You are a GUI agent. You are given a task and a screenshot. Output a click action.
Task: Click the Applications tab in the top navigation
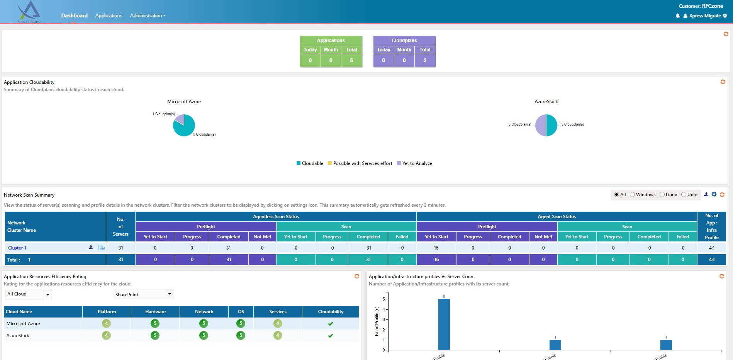pyautogui.click(x=109, y=16)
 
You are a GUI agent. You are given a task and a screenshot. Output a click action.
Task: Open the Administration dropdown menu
pyautogui.click(x=147, y=16)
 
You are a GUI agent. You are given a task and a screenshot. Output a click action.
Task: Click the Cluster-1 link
pyautogui.click(x=17, y=248)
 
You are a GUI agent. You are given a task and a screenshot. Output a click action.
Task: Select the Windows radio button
pyautogui.click(x=633, y=195)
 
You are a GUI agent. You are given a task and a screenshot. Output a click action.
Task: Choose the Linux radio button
pyautogui.click(x=662, y=195)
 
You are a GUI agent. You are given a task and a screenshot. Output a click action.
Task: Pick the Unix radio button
pyautogui.click(x=684, y=195)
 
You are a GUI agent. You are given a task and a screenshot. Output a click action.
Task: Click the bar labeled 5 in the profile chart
pyautogui.click(x=444, y=324)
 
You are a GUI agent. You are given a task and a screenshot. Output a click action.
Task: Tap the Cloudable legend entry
pyautogui.click(x=310, y=163)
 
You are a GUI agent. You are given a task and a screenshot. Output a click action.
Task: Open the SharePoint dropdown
pyautogui.click(x=144, y=294)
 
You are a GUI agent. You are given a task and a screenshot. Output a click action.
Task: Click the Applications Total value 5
pyautogui.click(x=351, y=60)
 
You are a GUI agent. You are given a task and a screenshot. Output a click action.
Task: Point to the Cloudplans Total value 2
pyautogui.click(x=425, y=60)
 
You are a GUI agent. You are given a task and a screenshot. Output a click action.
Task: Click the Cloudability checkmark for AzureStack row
pyautogui.click(x=331, y=336)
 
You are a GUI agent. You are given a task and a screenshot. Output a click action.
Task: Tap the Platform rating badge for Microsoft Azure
pyautogui.click(x=106, y=324)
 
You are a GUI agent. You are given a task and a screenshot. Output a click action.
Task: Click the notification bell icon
pyautogui.click(x=677, y=16)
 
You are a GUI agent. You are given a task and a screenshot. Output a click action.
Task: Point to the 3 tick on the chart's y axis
pyautogui.click(x=384, y=319)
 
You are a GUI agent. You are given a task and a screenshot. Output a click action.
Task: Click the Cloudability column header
pyautogui.click(x=331, y=312)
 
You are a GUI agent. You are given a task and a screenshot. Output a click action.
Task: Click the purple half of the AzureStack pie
pyautogui.click(x=541, y=125)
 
